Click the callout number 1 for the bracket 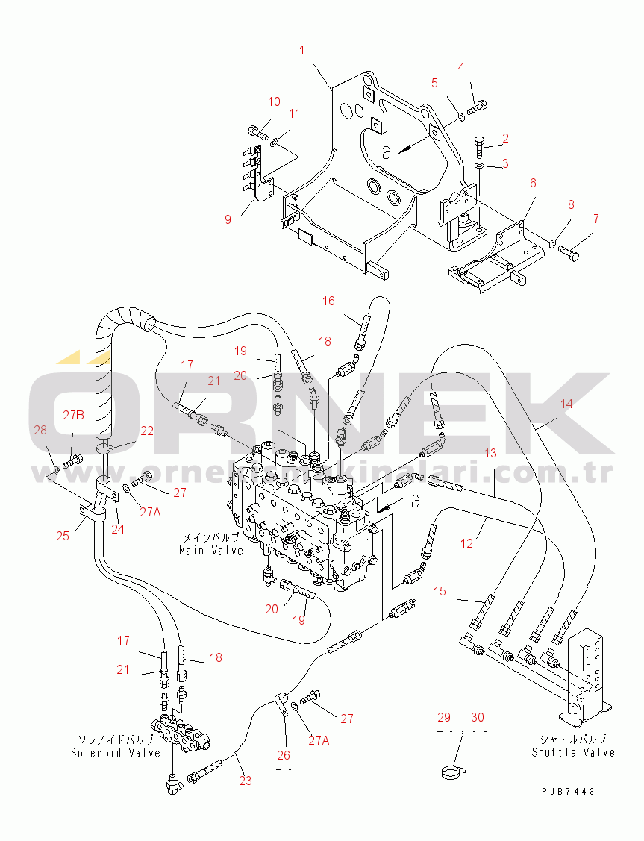pyautogui.click(x=302, y=50)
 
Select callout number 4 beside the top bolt pyautogui.click(x=460, y=67)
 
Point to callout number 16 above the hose pyautogui.click(x=328, y=301)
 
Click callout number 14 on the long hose pyautogui.click(x=567, y=404)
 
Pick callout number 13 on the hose pyautogui.click(x=490, y=453)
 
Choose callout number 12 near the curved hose pyautogui.click(x=467, y=544)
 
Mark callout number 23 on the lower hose pyautogui.click(x=246, y=781)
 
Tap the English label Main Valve pyautogui.click(x=211, y=551)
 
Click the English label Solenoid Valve pyautogui.click(x=116, y=753)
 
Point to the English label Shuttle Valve pyautogui.click(x=573, y=752)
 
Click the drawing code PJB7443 pyautogui.click(x=569, y=792)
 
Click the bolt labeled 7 pyautogui.click(x=570, y=256)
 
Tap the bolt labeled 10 pyautogui.click(x=257, y=133)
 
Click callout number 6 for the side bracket pyautogui.click(x=533, y=183)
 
